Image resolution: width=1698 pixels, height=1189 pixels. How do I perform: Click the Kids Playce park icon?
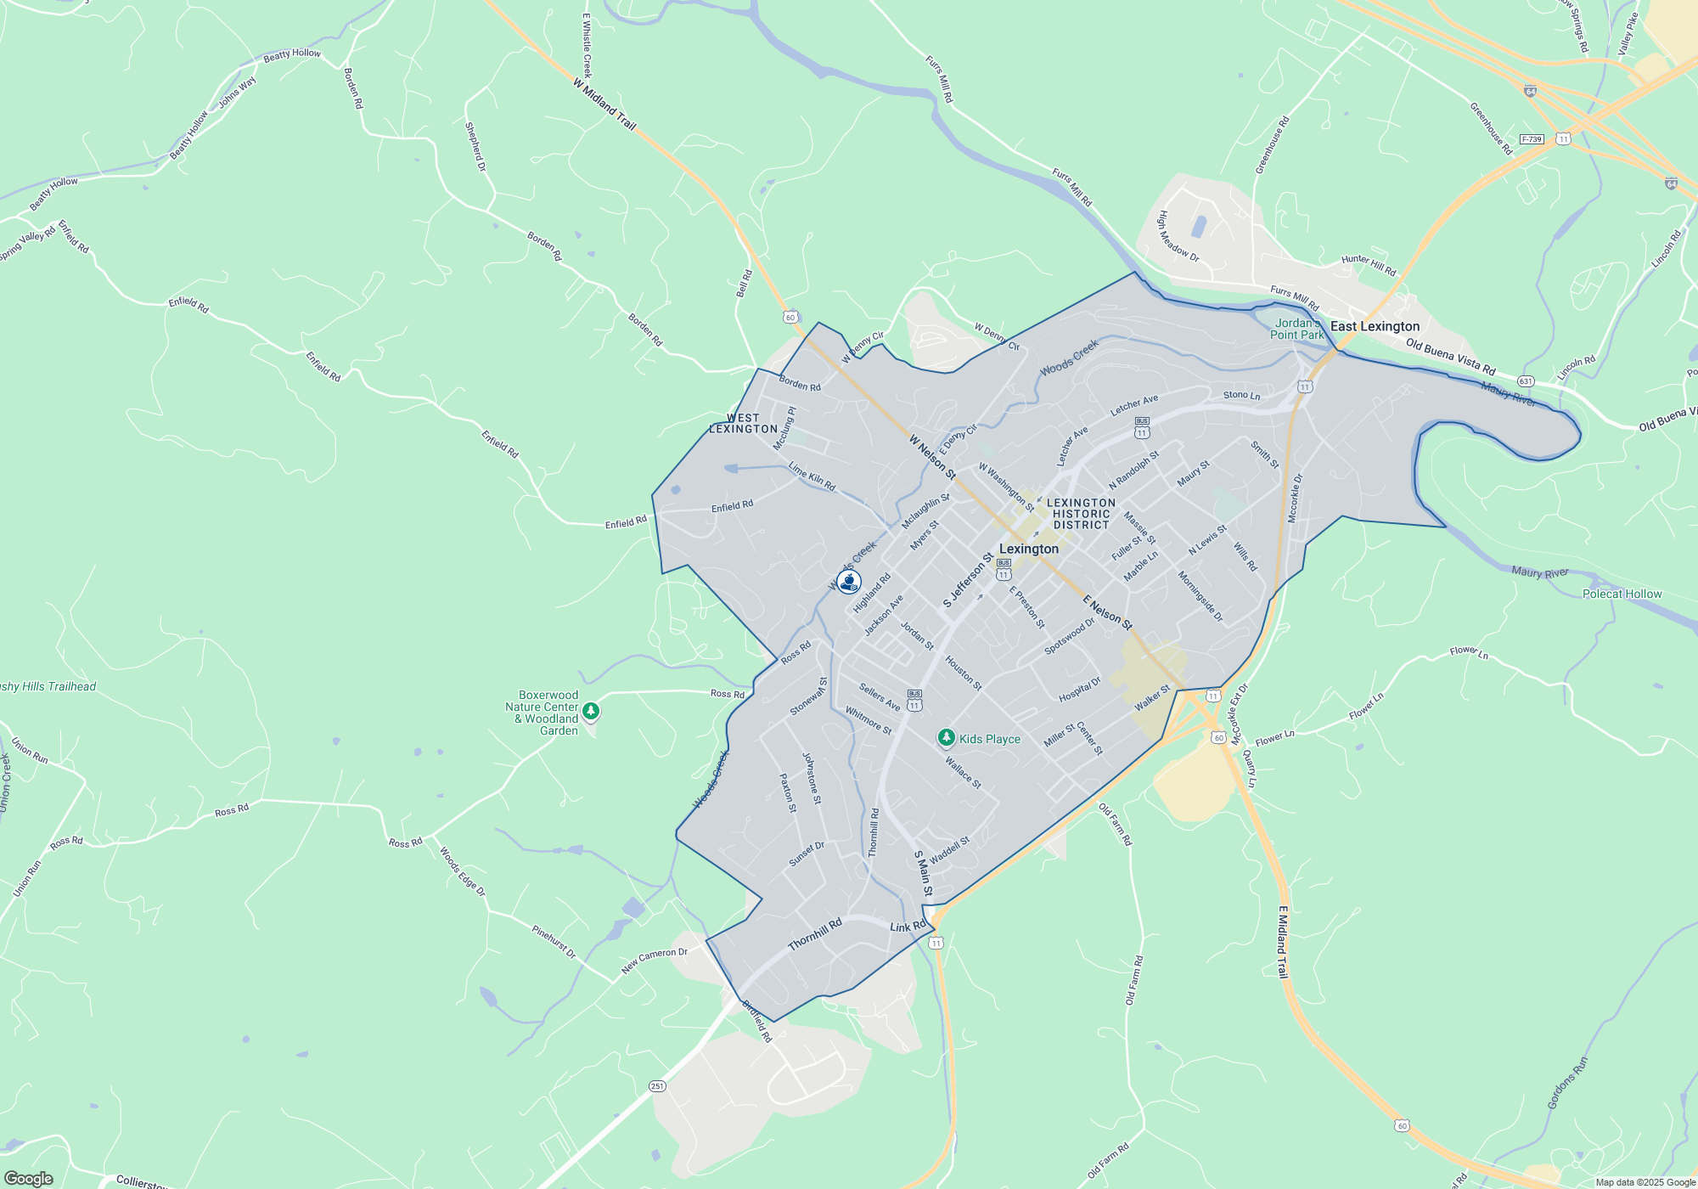point(946,738)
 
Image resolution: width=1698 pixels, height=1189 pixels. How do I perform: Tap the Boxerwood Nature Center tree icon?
point(591,711)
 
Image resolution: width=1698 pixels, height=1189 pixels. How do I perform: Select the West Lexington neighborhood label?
point(743,423)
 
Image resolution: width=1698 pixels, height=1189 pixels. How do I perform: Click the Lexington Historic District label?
point(1081,514)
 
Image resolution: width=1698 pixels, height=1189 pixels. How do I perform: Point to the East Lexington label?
point(1375,326)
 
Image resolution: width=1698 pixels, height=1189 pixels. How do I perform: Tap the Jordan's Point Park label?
point(1296,329)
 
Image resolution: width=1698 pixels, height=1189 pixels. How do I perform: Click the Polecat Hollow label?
point(1622,594)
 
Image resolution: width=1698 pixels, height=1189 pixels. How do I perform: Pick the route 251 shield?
point(657,1086)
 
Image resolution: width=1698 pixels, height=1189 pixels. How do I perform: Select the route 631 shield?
point(1526,381)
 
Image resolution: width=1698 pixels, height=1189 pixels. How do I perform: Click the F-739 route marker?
point(1532,139)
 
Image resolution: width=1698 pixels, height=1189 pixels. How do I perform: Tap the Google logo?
point(28,1178)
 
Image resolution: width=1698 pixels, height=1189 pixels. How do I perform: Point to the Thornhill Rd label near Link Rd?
point(814,934)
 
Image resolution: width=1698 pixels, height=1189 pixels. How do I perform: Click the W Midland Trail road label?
point(604,104)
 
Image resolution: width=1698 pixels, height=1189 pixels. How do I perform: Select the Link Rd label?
point(908,927)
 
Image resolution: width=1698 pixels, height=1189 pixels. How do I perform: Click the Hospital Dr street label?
point(1079,690)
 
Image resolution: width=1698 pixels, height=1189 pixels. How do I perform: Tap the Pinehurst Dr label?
point(554,942)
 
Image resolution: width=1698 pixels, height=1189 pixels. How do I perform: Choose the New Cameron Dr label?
point(654,960)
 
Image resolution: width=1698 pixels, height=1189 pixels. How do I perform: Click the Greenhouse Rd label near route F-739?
point(1491,128)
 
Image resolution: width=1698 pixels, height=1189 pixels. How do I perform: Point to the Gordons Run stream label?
point(1566,1083)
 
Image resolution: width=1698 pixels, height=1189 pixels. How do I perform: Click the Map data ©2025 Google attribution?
point(1645,1182)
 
